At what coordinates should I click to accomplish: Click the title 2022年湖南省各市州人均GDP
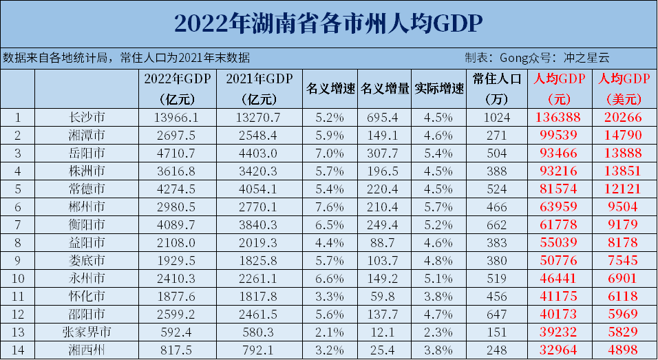(x=328, y=23)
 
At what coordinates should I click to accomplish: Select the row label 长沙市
(x=87, y=118)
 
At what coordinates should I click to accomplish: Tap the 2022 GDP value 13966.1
(x=176, y=118)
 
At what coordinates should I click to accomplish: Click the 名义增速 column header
(x=330, y=89)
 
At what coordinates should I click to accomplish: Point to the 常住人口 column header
(x=498, y=78)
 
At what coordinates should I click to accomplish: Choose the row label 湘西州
(x=87, y=350)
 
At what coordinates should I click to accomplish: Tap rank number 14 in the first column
(x=18, y=350)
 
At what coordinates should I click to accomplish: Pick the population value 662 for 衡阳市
(x=498, y=224)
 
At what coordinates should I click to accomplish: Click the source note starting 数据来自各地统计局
(x=127, y=58)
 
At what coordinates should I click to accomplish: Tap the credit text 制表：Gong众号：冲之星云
(x=538, y=58)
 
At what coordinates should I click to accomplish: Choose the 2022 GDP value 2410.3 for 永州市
(x=176, y=279)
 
